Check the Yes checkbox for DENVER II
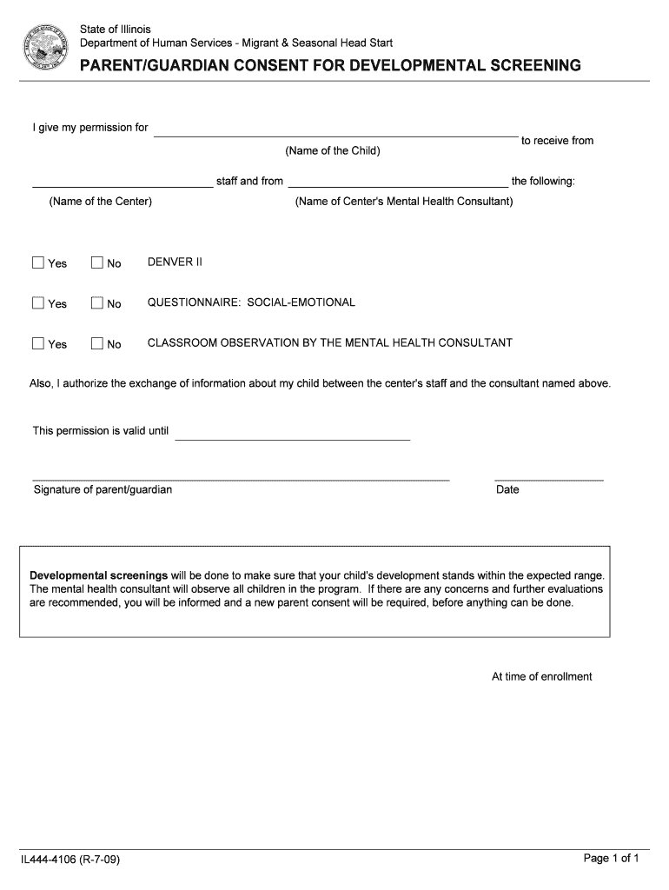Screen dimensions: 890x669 (x=38, y=262)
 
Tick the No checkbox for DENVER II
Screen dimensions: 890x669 (x=97, y=262)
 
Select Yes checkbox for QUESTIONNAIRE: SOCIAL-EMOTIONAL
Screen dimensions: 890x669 (x=38, y=302)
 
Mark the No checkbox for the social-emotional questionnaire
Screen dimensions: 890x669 (x=97, y=302)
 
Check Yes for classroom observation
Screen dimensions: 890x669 (x=38, y=343)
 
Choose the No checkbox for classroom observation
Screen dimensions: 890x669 (x=97, y=343)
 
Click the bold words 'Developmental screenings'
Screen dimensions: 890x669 (x=99, y=575)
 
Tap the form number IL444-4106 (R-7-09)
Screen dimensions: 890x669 (x=71, y=860)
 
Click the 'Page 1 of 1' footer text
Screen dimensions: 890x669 (x=611, y=859)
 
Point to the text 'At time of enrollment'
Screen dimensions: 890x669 (x=541, y=676)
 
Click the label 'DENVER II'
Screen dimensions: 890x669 (x=175, y=262)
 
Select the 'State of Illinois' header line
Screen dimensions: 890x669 (x=116, y=30)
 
